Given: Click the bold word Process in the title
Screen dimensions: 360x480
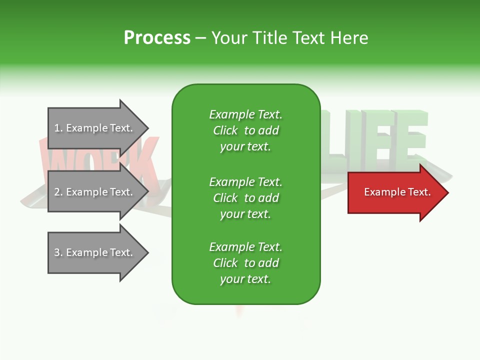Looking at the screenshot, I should click(157, 38).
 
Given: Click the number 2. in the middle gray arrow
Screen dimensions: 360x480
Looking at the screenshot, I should click(58, 192).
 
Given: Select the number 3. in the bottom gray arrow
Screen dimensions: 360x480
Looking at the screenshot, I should click(58, 252).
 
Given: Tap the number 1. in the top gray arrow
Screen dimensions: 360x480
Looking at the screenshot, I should click(58, 128).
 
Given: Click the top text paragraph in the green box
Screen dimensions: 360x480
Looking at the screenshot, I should click(245, 130).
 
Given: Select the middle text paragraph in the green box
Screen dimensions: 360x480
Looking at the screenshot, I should click(245, 198).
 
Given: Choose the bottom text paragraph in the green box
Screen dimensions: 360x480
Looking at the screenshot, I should click(245, 263).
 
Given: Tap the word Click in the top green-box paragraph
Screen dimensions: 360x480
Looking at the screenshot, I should click(225, 130).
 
